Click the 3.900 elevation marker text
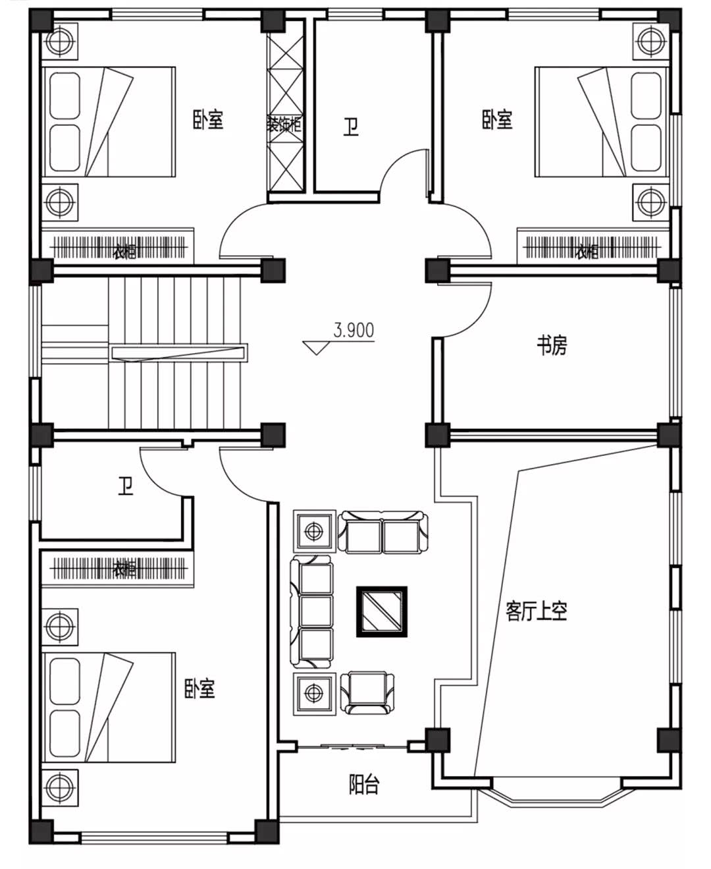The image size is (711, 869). [x=354, y=330]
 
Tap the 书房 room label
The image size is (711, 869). [x=552, y=345]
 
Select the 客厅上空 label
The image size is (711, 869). [x=536, y=611]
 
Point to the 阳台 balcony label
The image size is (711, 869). [x=363, y=784]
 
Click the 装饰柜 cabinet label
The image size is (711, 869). [x=284, y=123]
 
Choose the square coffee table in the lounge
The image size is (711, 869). [x=382, y=611]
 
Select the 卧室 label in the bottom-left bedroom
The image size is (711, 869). [x=199, y=688]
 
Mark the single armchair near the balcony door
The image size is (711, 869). [x=368, y=692]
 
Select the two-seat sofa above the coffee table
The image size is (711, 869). [x=382, y=532]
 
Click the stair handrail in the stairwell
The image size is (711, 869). [x=180, y=353]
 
